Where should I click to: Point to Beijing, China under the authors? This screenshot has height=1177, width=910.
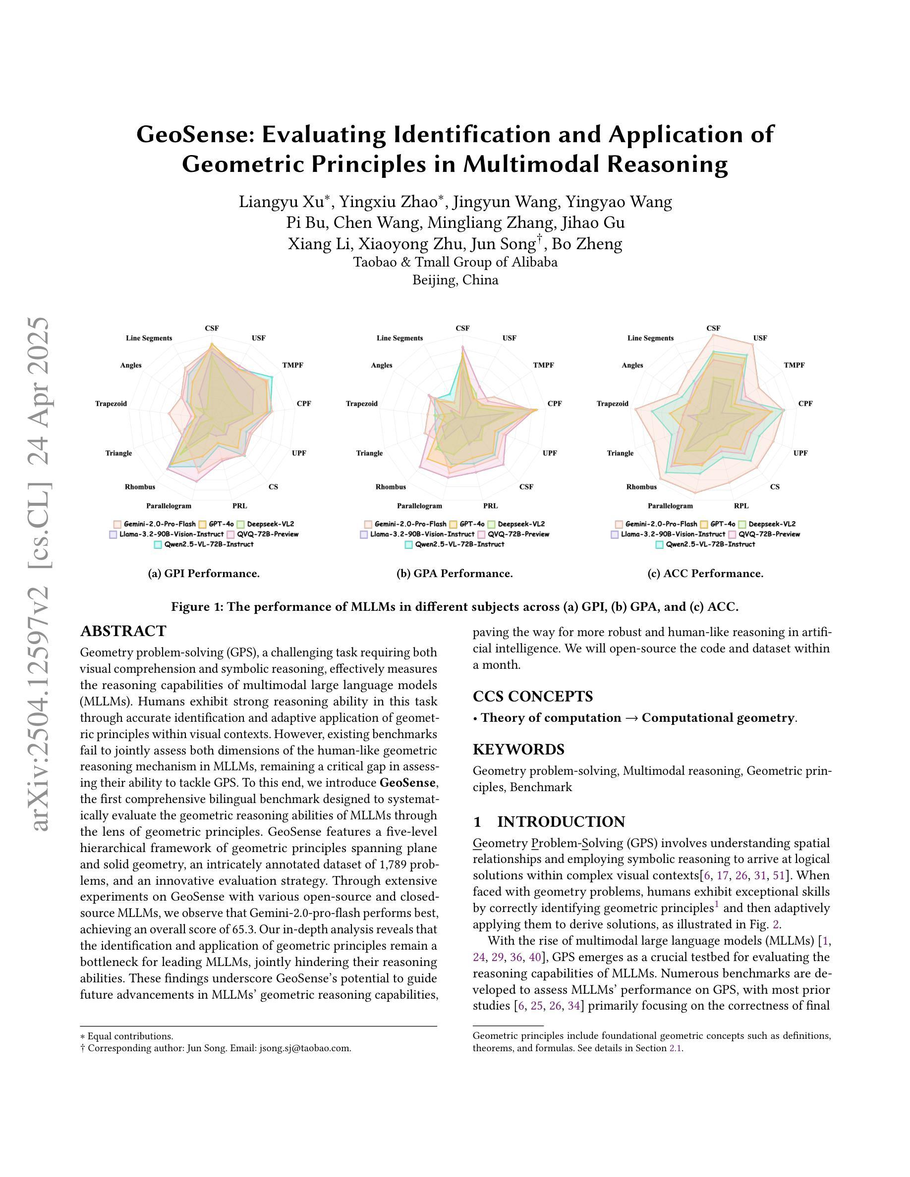(455, 280)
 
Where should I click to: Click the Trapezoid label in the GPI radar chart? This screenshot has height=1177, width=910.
(111, 404)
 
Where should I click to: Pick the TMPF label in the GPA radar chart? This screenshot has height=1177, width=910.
(543, 366)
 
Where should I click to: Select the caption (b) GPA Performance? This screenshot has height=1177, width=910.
(455, 574)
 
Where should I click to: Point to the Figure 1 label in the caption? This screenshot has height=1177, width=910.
(197, 607)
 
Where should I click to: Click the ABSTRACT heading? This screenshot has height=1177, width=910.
(123, 631)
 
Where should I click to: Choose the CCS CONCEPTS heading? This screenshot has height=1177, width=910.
(533, 696)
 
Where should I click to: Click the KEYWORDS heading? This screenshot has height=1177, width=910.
(518, 749)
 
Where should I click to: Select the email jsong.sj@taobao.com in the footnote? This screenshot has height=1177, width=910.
(305, 1048)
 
